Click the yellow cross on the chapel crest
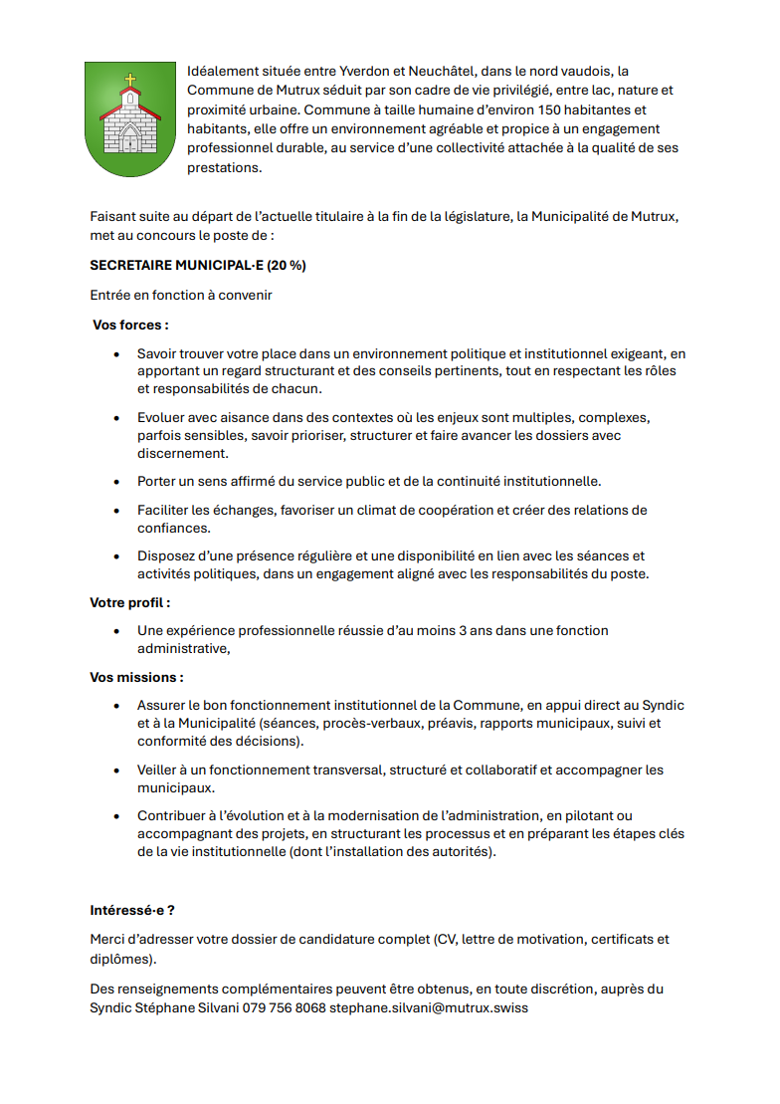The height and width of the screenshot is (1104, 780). pos(129,80)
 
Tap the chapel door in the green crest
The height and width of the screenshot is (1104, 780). pos(129,138)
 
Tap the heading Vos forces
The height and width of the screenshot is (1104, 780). pos(130,325)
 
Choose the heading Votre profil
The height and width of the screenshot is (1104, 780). pos(130,602)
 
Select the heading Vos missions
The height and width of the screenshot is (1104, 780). pos(136,677)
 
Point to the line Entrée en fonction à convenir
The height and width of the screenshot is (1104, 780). pos(180,296)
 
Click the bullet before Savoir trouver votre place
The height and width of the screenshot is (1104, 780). pos(116,353)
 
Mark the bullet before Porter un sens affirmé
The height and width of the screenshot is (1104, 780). pos(116,482)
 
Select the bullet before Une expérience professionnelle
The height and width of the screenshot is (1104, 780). pos(116,631)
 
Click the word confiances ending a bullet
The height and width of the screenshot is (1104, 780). pos(173,529)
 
